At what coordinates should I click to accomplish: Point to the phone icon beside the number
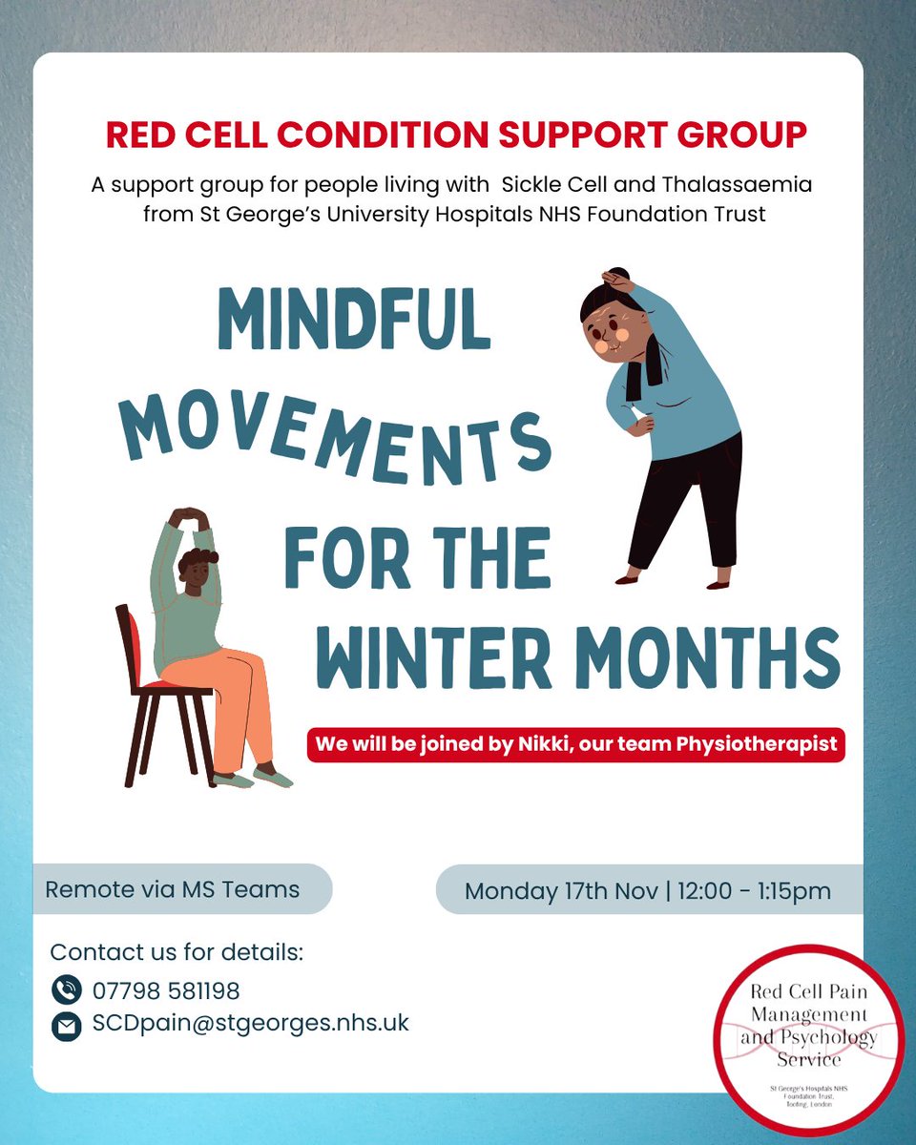[x=66, y=990]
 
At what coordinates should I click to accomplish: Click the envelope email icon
[x=66, y=1026]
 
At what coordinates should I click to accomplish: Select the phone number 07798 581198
[x=166, y=990]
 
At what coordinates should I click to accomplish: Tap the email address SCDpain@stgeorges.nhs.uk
[x=250, y=1024]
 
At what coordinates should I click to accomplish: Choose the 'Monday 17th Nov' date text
[x=561, y=891]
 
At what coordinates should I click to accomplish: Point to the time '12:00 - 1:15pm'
[x=755, y=891]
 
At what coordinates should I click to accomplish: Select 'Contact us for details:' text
[x=176, y=952]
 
